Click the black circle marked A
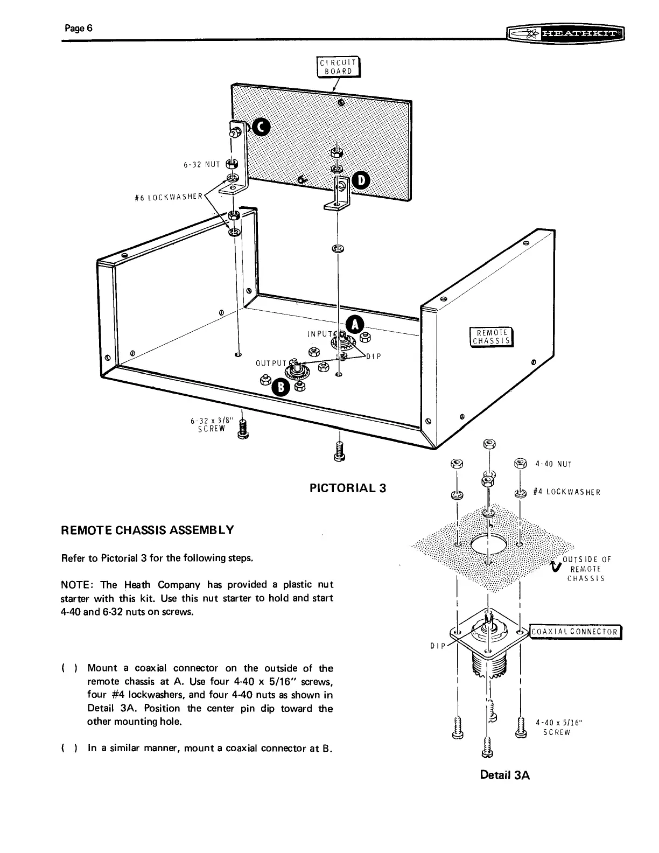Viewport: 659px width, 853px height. (x=355, y=325)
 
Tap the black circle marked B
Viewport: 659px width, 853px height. (x=281, y=386)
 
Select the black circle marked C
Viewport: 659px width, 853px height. (x=261, y=127)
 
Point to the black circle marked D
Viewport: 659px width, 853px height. (x=360, y=181)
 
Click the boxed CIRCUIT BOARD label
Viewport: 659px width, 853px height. (x=336, y=67)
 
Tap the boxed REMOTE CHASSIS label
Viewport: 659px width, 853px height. (x=492, y=337)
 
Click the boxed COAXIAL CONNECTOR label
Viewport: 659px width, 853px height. (x=575, y=632)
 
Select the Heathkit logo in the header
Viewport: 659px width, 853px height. (x=565, y=34)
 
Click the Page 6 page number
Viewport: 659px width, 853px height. (x=79, y=29)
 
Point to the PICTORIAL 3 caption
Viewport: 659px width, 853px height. (x=348, y=488)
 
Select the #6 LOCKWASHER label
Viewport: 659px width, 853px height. (x=169, y=197)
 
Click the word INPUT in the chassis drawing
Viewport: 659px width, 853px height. (x=319, y=334)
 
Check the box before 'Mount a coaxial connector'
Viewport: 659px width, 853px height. (x=68, y=669)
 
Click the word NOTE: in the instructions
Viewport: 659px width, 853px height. (x=78, y=585)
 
